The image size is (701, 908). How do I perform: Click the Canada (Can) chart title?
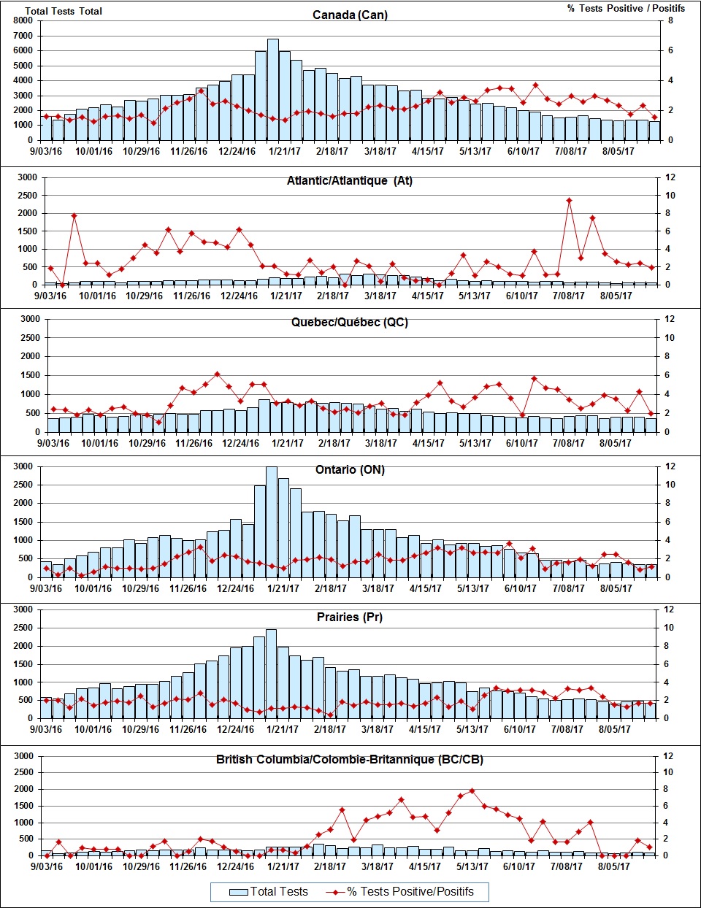pyautogui.click(x=350, y=15)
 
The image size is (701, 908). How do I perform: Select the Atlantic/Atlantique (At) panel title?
pyautogui.click(x=349, y=180)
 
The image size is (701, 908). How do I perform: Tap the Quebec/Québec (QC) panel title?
pyautogui.click(x=349, y=322)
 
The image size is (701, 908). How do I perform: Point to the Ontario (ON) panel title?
pyautogui.click(x=350, y=469)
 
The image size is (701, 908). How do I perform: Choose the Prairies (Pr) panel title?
pyautogui.click(x=349, y=617)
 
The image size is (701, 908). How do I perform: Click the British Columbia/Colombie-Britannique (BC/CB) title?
pyautogui.click(x=349, y=759)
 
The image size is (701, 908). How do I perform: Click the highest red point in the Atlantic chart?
pyautogui.click(x=569, y=201)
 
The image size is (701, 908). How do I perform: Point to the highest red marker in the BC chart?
pyautogui.click(x=472, y=790)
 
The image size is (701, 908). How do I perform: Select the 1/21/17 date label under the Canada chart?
pyautogui.click(x=285, y=151)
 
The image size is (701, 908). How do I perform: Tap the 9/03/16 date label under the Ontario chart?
pyautogui.click(x=45, y=588)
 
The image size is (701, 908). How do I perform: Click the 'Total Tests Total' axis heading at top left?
pyautogui.click(x=64, y=11)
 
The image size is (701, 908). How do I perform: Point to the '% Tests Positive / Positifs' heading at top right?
pyautogui.click(x=626, y=8)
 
